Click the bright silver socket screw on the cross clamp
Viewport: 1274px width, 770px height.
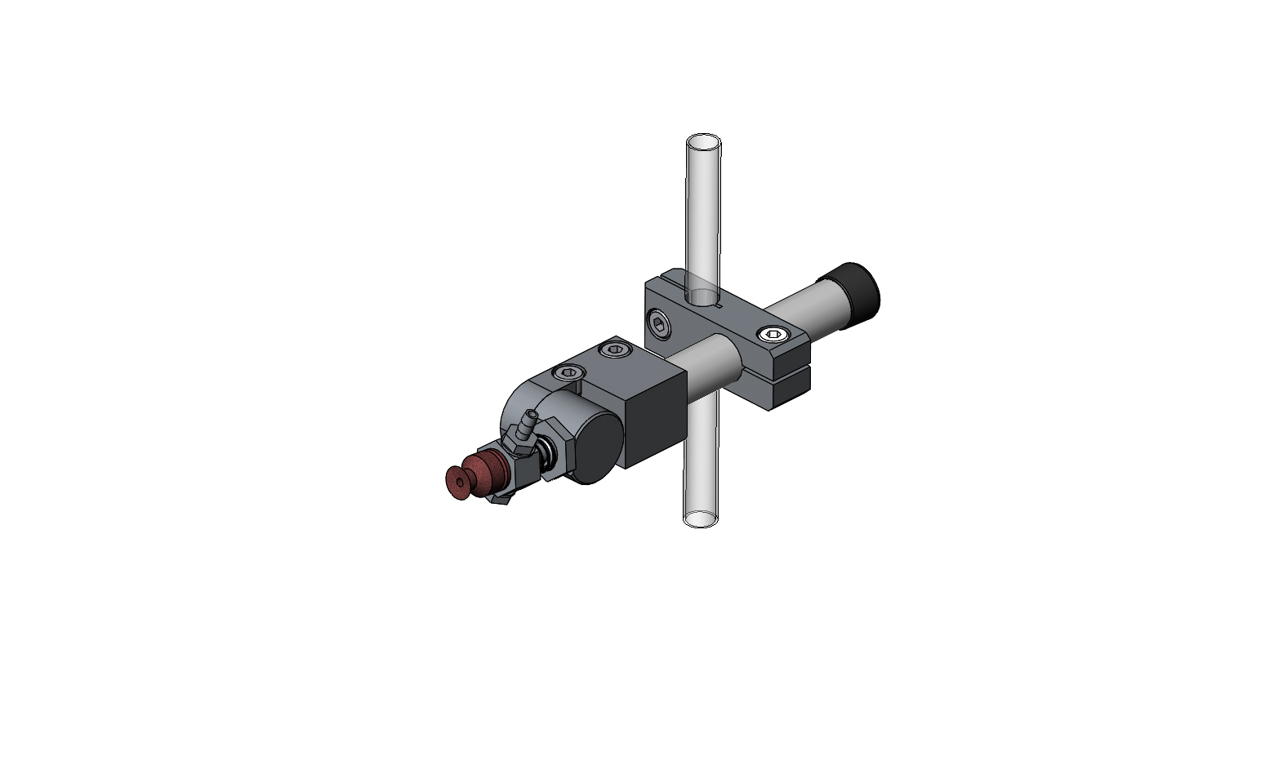[x=773, y=333]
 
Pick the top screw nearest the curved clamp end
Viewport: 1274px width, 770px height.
[x=568, y=372]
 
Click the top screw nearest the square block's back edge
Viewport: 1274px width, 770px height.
[x=615, y=350]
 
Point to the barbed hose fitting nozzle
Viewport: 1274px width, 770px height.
[x=528, y=425]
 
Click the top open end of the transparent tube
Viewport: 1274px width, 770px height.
[x=703, y=144]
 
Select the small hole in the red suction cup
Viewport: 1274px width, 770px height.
[x=460, y=483]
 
